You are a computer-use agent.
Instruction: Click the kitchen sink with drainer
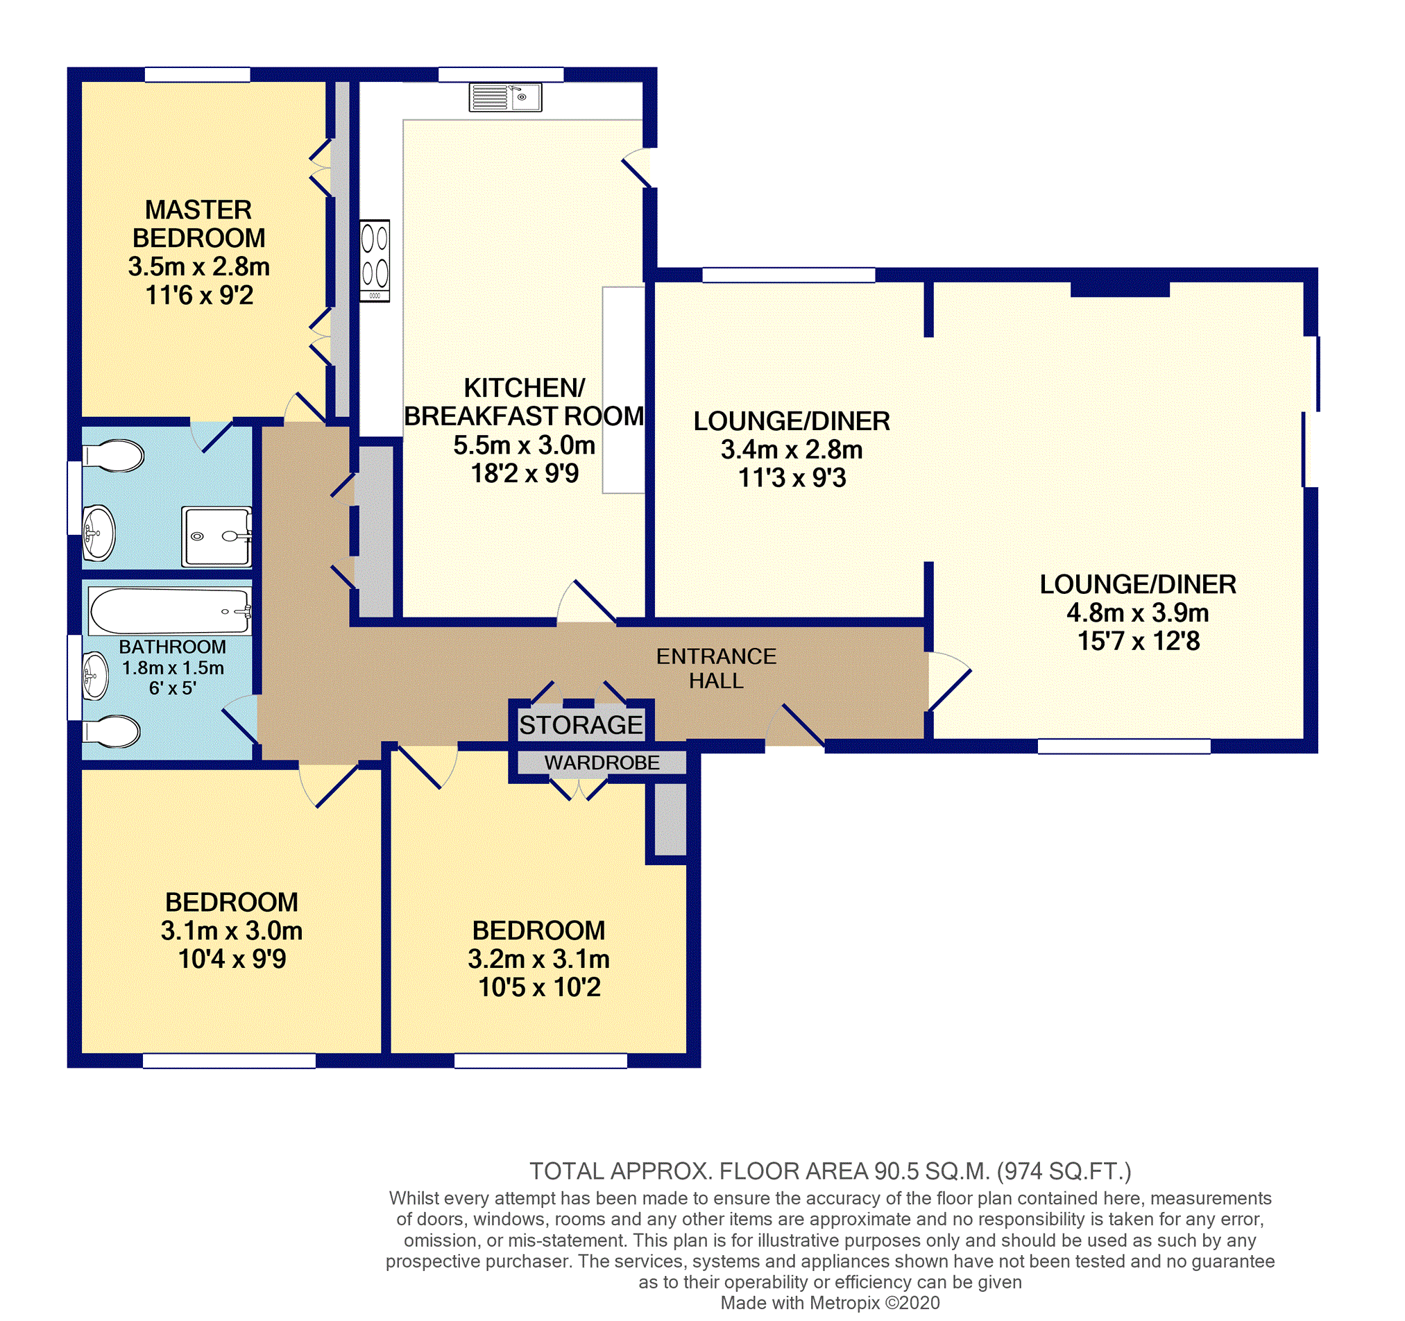tap(505, 98)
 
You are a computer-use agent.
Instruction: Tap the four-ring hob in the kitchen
tap(375, 261)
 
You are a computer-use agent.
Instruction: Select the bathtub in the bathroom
tap(170, 611)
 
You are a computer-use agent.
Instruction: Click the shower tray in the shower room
tap(216, 536)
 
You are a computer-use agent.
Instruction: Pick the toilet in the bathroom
tap(111, 731)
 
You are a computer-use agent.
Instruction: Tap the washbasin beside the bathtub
tap(96, 675)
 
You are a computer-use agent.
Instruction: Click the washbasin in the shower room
tap(99, 532)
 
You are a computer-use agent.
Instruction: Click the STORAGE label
tap(581, 724)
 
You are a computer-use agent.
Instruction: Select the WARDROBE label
tap(602, 762)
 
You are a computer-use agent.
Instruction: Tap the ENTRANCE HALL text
tap(716, 668)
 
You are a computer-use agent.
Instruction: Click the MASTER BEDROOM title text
tap(198, 223)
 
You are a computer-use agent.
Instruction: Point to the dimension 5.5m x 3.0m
tap(524, 445)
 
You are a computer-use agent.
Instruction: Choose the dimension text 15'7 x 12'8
tap(1138, 641)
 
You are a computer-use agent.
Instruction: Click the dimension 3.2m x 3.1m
tap(538, 958)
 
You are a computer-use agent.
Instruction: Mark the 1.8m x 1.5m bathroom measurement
tap(173, 668)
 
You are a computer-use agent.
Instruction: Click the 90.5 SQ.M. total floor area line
tap(831, 1171)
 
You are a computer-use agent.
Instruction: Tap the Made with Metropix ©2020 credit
tap(831, 1303)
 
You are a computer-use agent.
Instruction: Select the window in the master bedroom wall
tap(197, 74)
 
